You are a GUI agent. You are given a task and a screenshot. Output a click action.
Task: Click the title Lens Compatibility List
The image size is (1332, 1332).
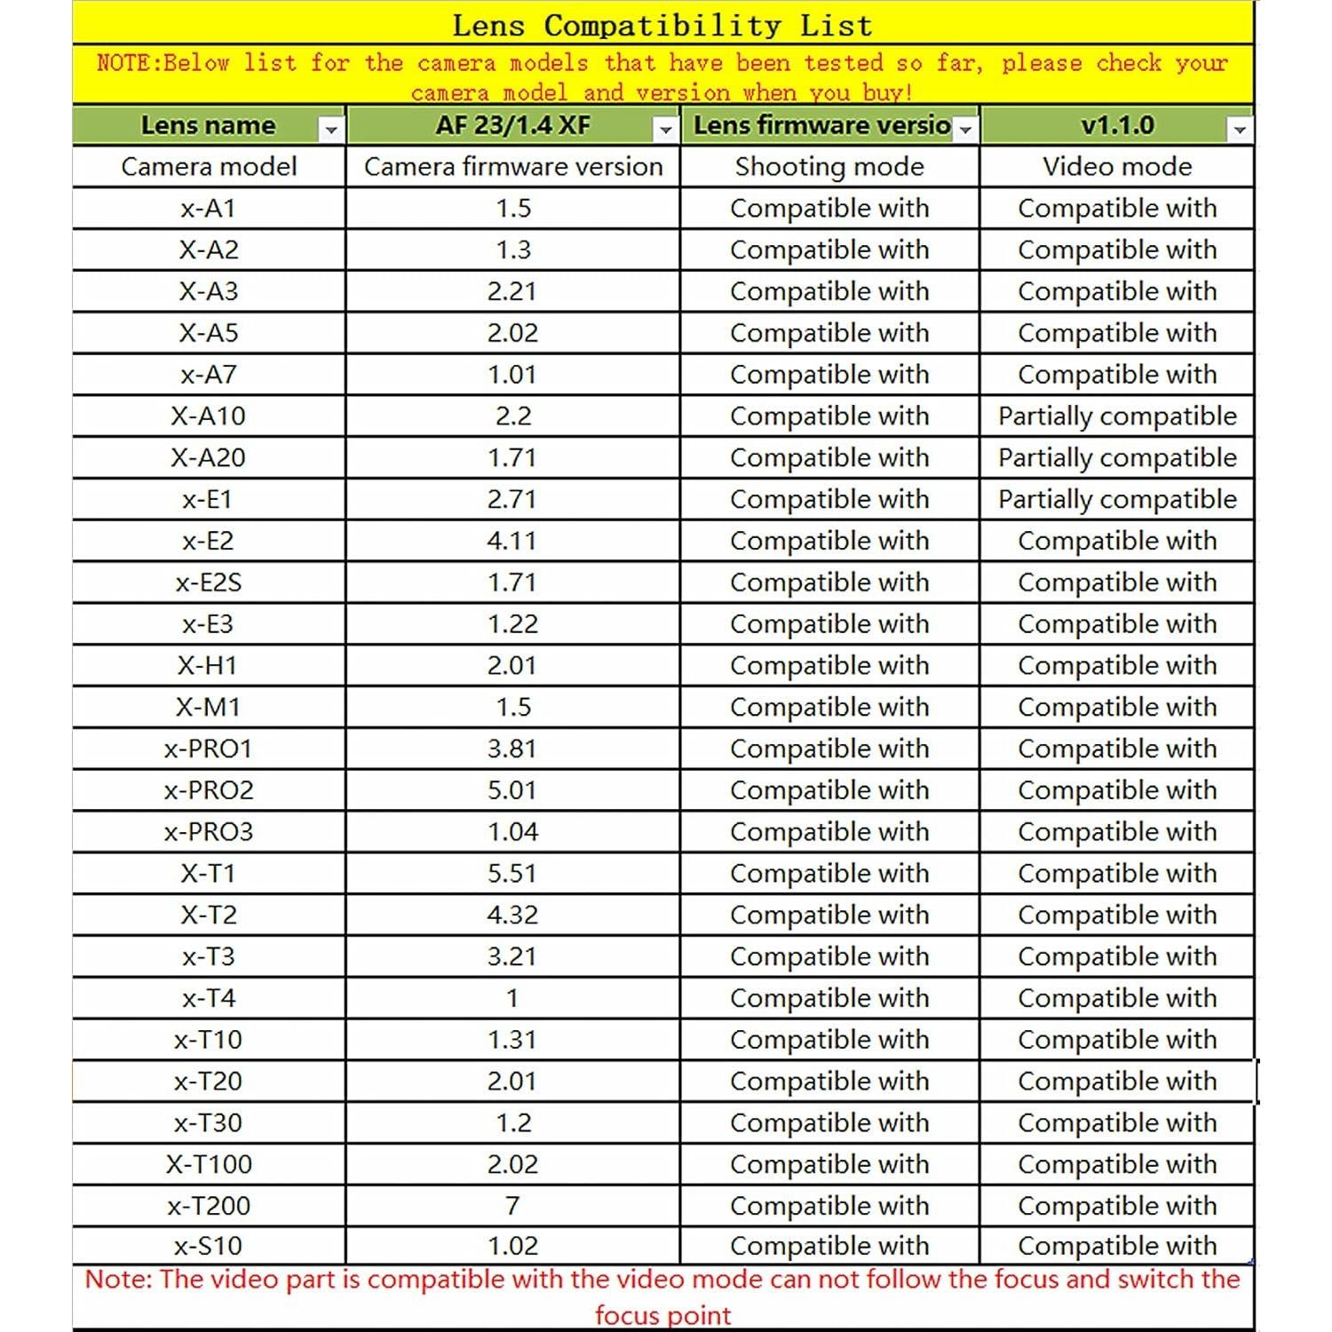click(x=662, y=25)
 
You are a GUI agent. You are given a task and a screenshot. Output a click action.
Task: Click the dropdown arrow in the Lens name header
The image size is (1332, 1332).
click(x=330, y=130)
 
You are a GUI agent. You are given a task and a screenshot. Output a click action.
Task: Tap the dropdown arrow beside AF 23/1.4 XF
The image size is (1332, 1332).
click(x=665, y=130)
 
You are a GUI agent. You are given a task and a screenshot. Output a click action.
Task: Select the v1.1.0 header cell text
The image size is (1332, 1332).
click(x=1117, y=125)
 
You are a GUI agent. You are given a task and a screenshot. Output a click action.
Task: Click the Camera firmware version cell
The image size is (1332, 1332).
click(x=513, y=167)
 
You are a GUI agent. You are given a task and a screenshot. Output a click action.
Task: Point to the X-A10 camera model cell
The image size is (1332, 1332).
click(x=209, y=416)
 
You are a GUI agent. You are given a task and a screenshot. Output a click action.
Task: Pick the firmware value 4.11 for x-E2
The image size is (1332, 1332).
click(x=512, y=541)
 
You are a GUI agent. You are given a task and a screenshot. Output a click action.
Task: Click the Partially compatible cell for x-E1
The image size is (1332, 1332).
click(x=1117, y=499)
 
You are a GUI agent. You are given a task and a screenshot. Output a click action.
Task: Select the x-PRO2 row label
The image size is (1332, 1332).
click(x=209, y=790)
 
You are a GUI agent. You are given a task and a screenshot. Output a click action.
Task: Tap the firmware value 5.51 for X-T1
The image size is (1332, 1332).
click(x=512, y=873)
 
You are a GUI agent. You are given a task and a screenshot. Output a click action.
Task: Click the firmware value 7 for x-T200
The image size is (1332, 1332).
click(x=512, y=1205)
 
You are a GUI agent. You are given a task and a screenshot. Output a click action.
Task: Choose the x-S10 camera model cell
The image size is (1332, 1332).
click(x=209, y=1246)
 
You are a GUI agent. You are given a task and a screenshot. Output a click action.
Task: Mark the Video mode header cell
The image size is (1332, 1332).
click(x=1117, y=167)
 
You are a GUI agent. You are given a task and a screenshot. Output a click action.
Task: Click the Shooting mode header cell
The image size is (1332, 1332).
click(x=829, y=167)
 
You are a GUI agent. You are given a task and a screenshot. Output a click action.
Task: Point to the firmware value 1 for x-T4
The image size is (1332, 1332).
click(x=512, y=998)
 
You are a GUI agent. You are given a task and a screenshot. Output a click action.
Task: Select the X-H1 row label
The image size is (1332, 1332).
click(x=209, y=665)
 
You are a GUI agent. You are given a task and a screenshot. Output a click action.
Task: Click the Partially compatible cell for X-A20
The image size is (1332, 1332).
click(x=1117, y=457)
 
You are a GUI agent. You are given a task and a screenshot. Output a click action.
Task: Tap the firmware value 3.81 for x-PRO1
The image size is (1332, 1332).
click(x=512, y=749)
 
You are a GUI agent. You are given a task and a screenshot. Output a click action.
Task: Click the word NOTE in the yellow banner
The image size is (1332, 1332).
click(x=128, y=63)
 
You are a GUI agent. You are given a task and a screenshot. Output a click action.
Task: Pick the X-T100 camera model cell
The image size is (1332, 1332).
click(x=209, y=1164)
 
